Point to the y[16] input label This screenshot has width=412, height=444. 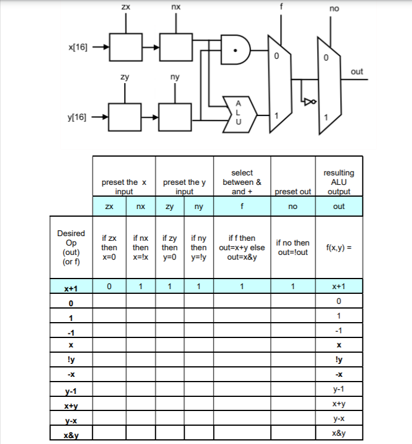[x=77, y=117]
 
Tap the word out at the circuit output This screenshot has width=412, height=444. [x=357, y=71]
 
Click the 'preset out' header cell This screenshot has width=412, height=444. [x=293, y=191]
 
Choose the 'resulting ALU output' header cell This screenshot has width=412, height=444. [x=339, y=182]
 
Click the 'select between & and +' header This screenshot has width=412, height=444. [x=242, y=182]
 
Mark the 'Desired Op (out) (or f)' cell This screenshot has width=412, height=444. [x=71, y=247]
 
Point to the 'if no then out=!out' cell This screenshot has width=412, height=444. [x=293, y=247]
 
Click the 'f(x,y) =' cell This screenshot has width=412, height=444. [x=339, y=247]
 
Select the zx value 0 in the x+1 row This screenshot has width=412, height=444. [x=109, y=287]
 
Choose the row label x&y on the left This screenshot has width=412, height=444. [x=71, y=435]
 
